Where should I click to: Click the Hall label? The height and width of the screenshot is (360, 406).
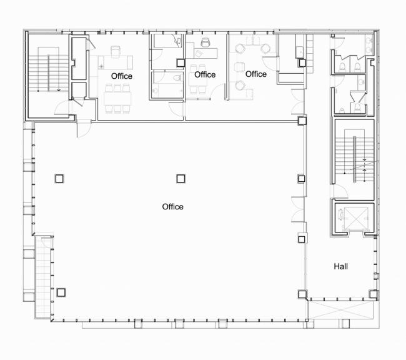click(340, 266)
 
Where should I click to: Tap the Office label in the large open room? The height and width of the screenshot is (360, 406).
click(172, 207)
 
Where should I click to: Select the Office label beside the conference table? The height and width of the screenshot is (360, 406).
click(121, 76)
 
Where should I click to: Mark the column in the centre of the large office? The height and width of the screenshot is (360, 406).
click(181, 178)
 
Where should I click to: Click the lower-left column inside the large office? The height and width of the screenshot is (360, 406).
click(61, 292)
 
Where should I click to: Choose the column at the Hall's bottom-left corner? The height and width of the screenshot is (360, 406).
click(302, 294)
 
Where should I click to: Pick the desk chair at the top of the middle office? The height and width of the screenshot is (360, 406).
click(205, 44)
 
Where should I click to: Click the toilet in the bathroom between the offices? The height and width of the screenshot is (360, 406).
click(176, 78)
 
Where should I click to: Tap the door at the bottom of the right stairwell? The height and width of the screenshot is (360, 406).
click(341, 191)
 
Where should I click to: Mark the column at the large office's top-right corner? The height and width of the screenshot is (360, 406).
click(302, 121)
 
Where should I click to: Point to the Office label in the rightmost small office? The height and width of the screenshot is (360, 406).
click(256, 74)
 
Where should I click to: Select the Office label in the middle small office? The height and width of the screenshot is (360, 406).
click(204, 75)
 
